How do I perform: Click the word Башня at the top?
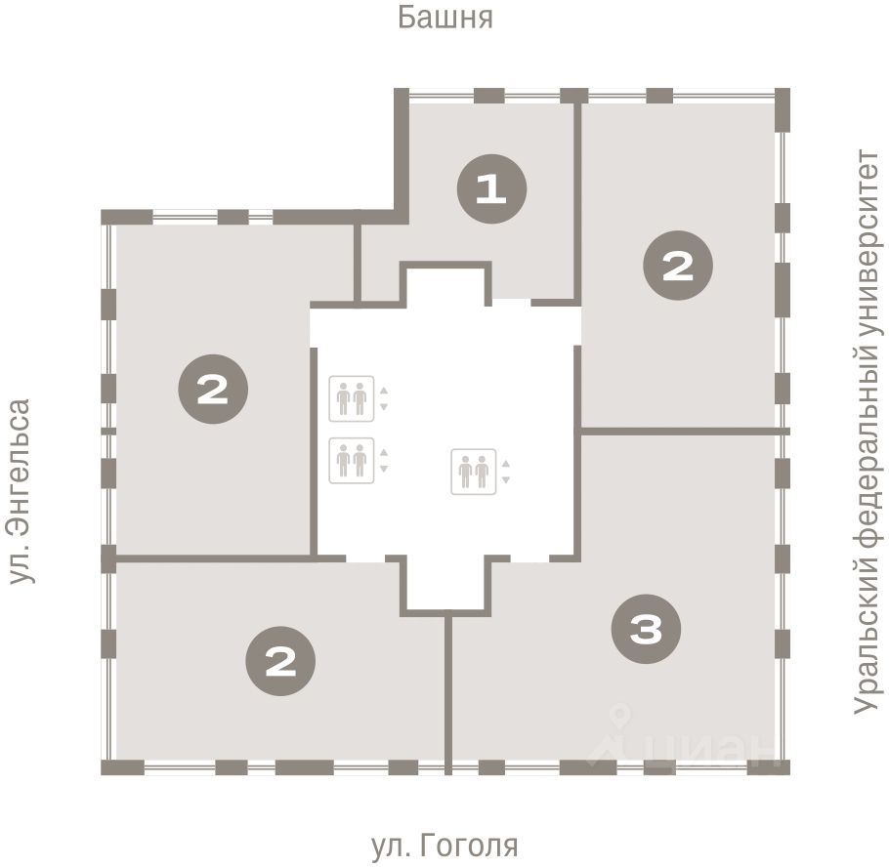click(x=445, y=17)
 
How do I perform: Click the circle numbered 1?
click(x=491, y=188)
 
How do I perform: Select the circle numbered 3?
click(x=646, y=629)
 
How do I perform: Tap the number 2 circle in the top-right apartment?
click(x=678, y=266)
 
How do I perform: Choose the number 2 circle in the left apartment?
click(x=213, y=389)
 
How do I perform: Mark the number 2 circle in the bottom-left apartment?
click(x=280, y=661)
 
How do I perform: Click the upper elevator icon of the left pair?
click(x=352, y=398)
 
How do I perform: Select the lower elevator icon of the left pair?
click(x=352, y=461)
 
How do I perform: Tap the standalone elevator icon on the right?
click(x=474, y=472)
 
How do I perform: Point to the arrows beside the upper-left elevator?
click(x=384, y=399)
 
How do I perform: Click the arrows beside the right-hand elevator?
click(x=506, y=472)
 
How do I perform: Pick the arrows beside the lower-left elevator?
click(x=384, y=461)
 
